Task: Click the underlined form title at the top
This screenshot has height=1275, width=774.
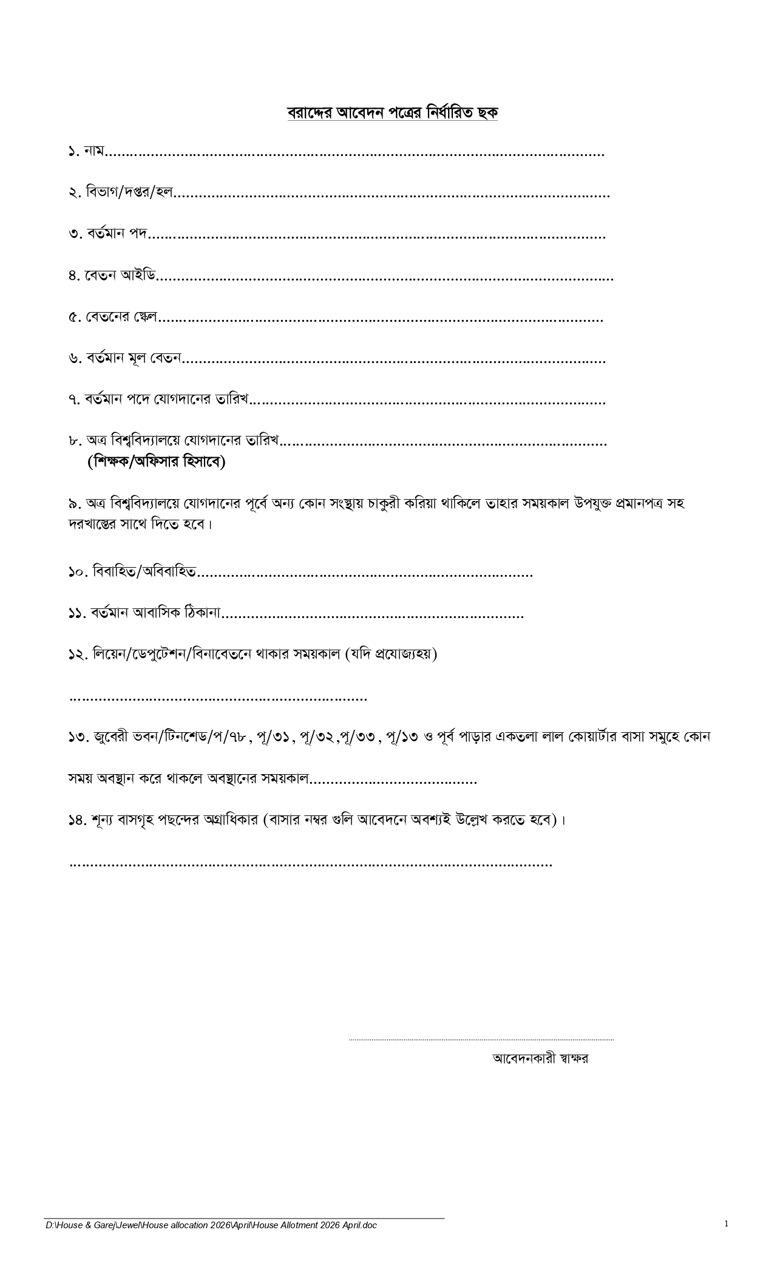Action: tap(392, 113)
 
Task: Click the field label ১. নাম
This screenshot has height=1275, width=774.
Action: tap(86, 151)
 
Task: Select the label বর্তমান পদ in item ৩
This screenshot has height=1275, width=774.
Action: tap(116, 234)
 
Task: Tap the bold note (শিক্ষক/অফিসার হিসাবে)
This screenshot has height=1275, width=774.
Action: tap(157, 462)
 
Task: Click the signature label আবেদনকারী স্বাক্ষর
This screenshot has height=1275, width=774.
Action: tap(540, 1058)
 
